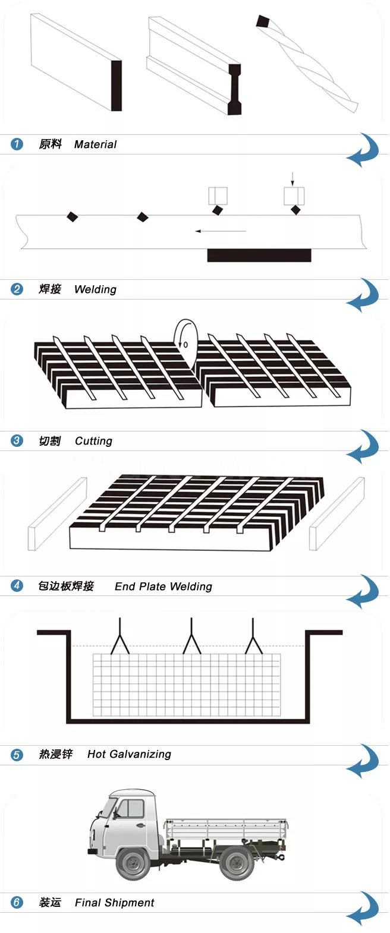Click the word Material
[95, 144]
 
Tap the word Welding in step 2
[95, 289]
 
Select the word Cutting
[93, 441]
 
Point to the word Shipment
[129, 903]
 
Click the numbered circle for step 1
[17, 144]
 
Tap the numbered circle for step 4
[17, 586]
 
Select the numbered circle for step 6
[17, 903]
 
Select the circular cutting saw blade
[185, 343]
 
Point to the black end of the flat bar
[117, 86]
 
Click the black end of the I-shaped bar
[235, 89]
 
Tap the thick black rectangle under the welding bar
[259, 256]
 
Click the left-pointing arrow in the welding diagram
[220, 231]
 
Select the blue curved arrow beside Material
[363, 150]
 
